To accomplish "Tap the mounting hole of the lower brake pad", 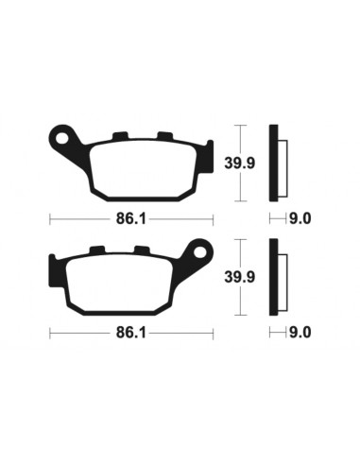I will pyautogui.click(x=199, y=253).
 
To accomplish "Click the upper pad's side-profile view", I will pyautogui.click(x=275, y=163).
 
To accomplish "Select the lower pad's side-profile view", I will pyautogui.click(x=275, y=278).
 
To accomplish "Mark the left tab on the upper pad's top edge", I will pyautogui.click(x=120, y=134).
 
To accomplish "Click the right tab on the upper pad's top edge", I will pyautogui.click(x=163, y=134).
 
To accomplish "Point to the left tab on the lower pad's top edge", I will pyautogui.click(x=97, y=250).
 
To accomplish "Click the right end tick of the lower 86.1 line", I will pyautogui.click(x=214, y=333).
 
